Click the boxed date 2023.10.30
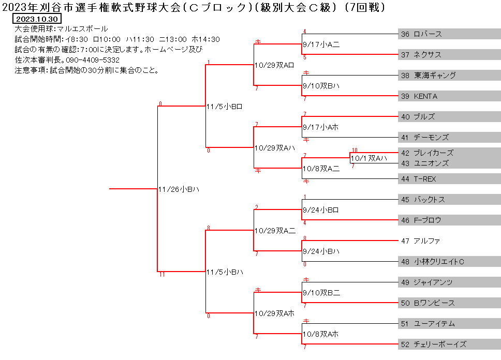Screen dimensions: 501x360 tap(37, 19)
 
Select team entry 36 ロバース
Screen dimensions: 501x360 tap(421, 34)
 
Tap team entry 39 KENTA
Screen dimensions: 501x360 tap(419, 96)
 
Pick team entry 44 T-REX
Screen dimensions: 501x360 tap(419, 179)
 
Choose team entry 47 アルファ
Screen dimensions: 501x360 tap(420, 241)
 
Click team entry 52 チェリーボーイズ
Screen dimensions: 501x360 tap(434, 344)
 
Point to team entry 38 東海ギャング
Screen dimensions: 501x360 tap(429, 76)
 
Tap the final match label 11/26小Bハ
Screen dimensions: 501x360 tap(179, 189)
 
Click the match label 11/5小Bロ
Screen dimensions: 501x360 tap(224, 107)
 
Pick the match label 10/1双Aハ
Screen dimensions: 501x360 tap(369, 158)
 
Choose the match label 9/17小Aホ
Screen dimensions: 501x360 tap(320, 127)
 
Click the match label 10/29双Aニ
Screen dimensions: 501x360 tap(275, 231)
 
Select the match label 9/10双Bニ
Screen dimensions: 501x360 tap(321, 293)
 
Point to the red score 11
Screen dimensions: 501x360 tap(162, 274)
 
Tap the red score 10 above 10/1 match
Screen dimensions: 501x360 tap(355, 150)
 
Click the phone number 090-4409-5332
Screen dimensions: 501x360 tap(93, 60)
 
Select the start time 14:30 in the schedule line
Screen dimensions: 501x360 tap(209, 39)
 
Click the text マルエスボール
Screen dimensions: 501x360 tap(82, 29)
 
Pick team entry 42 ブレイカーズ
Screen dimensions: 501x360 tap(427, 153)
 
